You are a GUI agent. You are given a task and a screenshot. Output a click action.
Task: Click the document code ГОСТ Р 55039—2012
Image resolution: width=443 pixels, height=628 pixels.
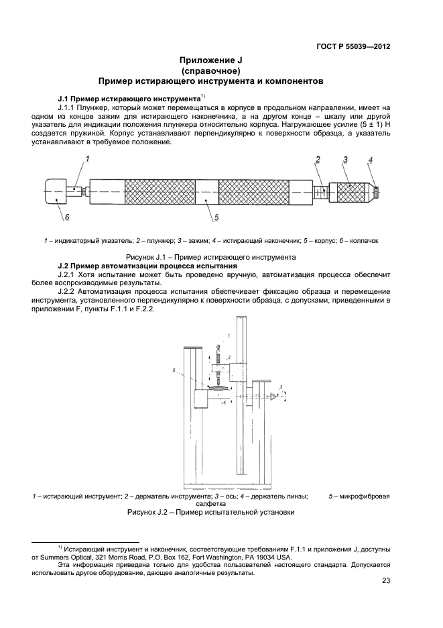[353, 46]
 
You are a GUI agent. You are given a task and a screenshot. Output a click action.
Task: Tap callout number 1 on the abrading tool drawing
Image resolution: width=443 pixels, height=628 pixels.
[86, 158]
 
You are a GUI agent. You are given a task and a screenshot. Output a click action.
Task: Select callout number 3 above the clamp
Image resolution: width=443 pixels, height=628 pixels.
[344, 159]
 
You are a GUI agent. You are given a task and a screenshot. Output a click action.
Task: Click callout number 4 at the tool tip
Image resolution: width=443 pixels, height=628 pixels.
[371, 161]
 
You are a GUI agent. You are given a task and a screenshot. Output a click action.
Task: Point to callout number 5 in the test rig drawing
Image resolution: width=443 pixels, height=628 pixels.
[174, 370]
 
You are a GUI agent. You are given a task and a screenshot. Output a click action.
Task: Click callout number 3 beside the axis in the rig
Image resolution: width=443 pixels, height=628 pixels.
[282, 387]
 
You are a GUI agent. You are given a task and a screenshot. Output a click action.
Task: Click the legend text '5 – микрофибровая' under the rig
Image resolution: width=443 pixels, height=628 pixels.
[359, 496]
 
